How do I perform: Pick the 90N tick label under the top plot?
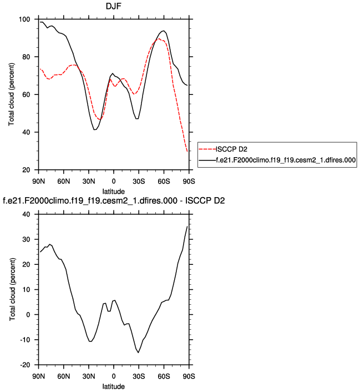[38, 180]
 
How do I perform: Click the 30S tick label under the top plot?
[139, 180]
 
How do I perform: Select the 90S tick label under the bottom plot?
[189, 376]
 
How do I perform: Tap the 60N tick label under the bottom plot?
[63, 376]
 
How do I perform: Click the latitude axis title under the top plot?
[114, 190]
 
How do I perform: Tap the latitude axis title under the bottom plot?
[114, 385]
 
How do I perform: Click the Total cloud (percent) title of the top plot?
[12, 94]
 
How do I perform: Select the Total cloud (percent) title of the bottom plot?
[12, 289]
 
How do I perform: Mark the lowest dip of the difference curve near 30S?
[138, 352]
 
